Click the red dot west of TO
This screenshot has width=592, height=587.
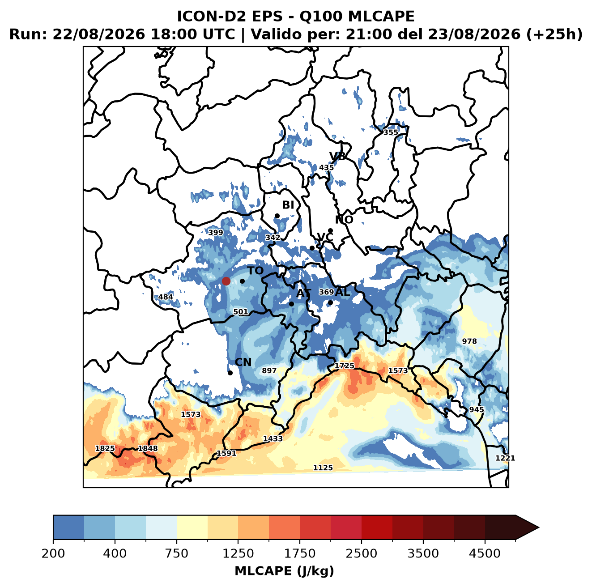(226, 281)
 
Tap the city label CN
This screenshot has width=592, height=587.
(243, 362)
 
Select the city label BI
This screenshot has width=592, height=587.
(288, 205)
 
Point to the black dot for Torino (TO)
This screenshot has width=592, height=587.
(242, 281)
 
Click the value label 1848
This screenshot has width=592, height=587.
(148, 448)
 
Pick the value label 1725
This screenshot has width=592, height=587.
(345, 366)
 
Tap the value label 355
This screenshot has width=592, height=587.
(391, 132)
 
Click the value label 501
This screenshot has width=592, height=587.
(241, 312)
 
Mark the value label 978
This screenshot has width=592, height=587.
(469, 341)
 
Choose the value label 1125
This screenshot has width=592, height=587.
(323, 468)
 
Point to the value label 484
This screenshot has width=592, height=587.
(166, 297)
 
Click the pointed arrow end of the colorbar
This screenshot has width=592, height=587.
(539, 528)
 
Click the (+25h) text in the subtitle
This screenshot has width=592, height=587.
(554, 34)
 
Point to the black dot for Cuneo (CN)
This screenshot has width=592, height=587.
(230, 373)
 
